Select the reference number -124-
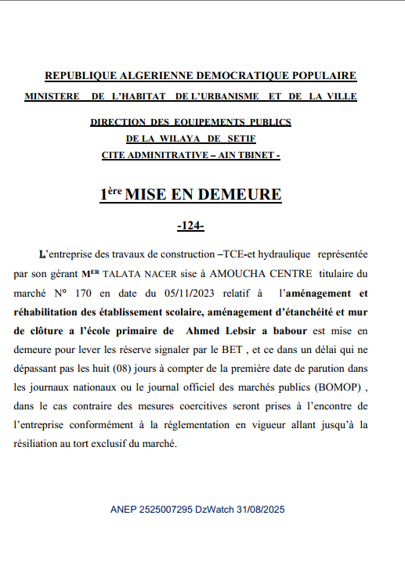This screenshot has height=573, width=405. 191,226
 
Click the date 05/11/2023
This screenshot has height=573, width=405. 199,294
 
